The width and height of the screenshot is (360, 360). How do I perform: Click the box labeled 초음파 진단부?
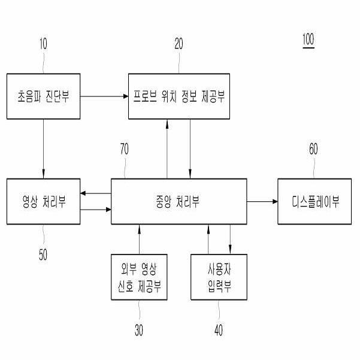[43, 96]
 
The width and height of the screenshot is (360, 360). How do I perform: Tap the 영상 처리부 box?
[43, 201]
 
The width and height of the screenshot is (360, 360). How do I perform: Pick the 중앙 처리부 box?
[179, 201]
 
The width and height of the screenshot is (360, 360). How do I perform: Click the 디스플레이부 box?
[315, 201]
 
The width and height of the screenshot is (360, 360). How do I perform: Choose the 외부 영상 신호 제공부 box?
[139, 277]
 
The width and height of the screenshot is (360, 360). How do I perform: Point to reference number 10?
[43, 44]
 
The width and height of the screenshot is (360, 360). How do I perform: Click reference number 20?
[179, 44]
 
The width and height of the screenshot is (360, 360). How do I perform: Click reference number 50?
[43, 254]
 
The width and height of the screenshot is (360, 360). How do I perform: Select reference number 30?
[139, 328]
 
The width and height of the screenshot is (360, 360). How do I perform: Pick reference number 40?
[219, 328]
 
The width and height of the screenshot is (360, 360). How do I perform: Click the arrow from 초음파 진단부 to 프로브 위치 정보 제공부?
[104, 96]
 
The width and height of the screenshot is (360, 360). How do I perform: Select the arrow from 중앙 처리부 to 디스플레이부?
[262, 201]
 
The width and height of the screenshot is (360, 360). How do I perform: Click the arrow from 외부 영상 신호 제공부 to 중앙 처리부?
[139, 239]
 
